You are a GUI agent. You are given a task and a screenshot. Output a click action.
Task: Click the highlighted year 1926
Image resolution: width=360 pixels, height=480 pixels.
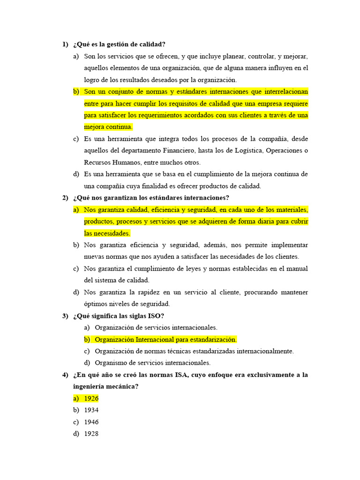point(91,398)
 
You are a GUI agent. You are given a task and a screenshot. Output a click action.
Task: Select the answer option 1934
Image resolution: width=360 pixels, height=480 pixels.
point(91,410)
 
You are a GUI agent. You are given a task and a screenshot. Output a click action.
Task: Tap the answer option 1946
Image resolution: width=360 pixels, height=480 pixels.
point(91,422)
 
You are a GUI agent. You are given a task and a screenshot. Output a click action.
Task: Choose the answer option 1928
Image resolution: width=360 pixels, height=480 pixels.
point(91,434)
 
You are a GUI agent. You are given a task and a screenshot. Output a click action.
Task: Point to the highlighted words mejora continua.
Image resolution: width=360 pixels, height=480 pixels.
point(108,127)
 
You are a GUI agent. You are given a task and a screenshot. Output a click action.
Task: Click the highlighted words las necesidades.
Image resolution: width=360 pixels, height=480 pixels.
point(107,233)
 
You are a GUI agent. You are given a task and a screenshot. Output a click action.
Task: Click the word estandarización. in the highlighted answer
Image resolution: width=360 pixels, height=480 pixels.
point(212,339)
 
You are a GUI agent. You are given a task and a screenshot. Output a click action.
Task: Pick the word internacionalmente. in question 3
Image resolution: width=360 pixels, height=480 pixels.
point(264,351)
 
